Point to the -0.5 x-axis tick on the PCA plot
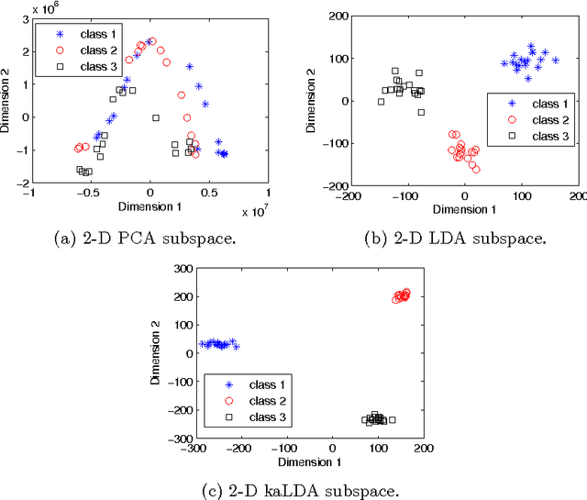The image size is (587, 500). (88, 194)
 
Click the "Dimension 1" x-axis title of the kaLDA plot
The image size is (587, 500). (304, 461)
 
